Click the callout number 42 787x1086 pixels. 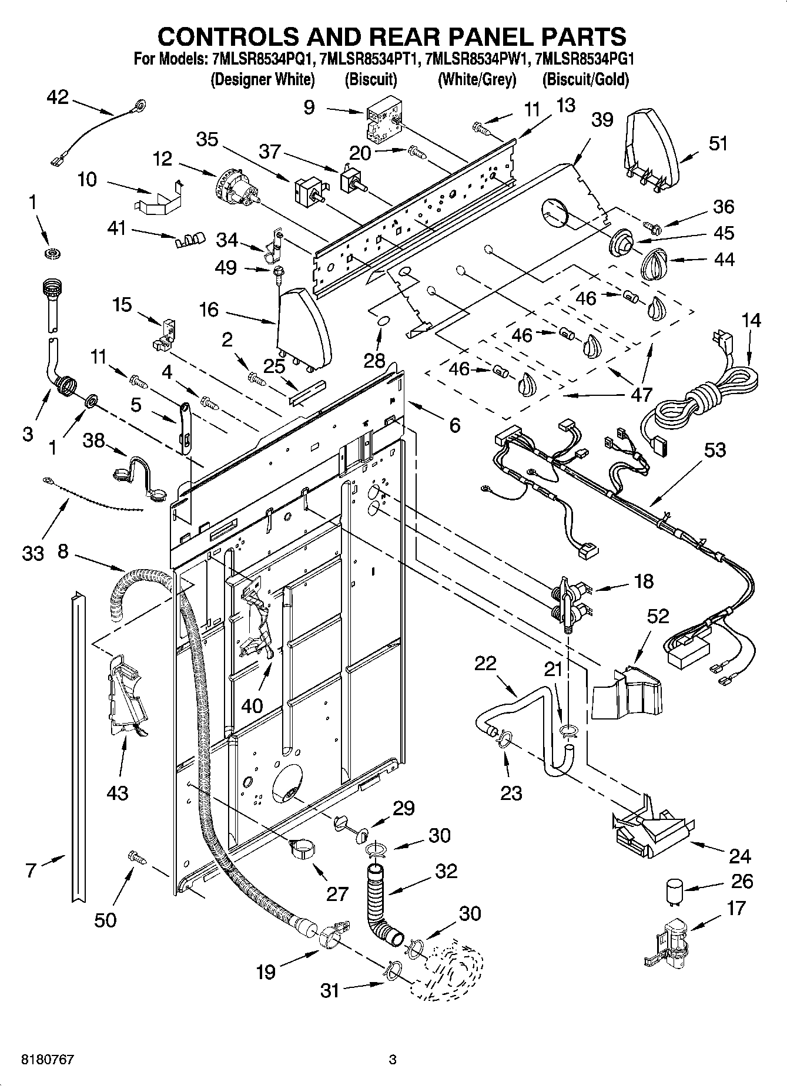(57, 97)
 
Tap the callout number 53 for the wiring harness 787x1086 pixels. (714, 450)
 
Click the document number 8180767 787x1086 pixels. (47, 1060)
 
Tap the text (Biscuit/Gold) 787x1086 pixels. (585, 79)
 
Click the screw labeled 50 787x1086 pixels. (136, 859)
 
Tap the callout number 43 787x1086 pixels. (118, 793)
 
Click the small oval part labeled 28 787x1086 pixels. (381, 321)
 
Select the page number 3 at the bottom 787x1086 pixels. (393, 1060)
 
